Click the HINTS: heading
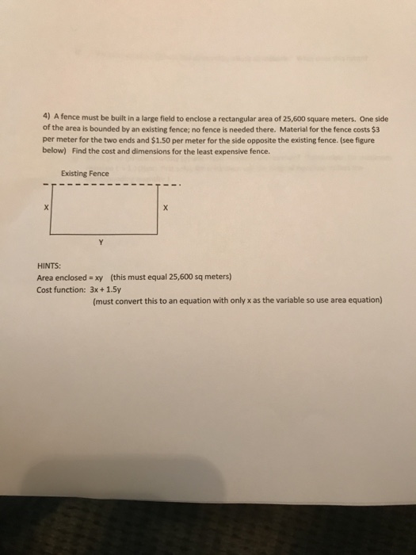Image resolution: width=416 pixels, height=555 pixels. click(50, 266)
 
